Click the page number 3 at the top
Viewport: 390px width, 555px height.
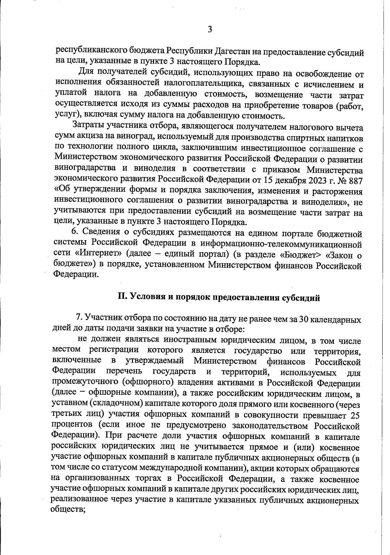(x=210, y=29)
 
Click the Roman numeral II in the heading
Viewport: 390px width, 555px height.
(x=122, y=297)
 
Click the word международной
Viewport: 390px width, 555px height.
(x=167, y=469)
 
